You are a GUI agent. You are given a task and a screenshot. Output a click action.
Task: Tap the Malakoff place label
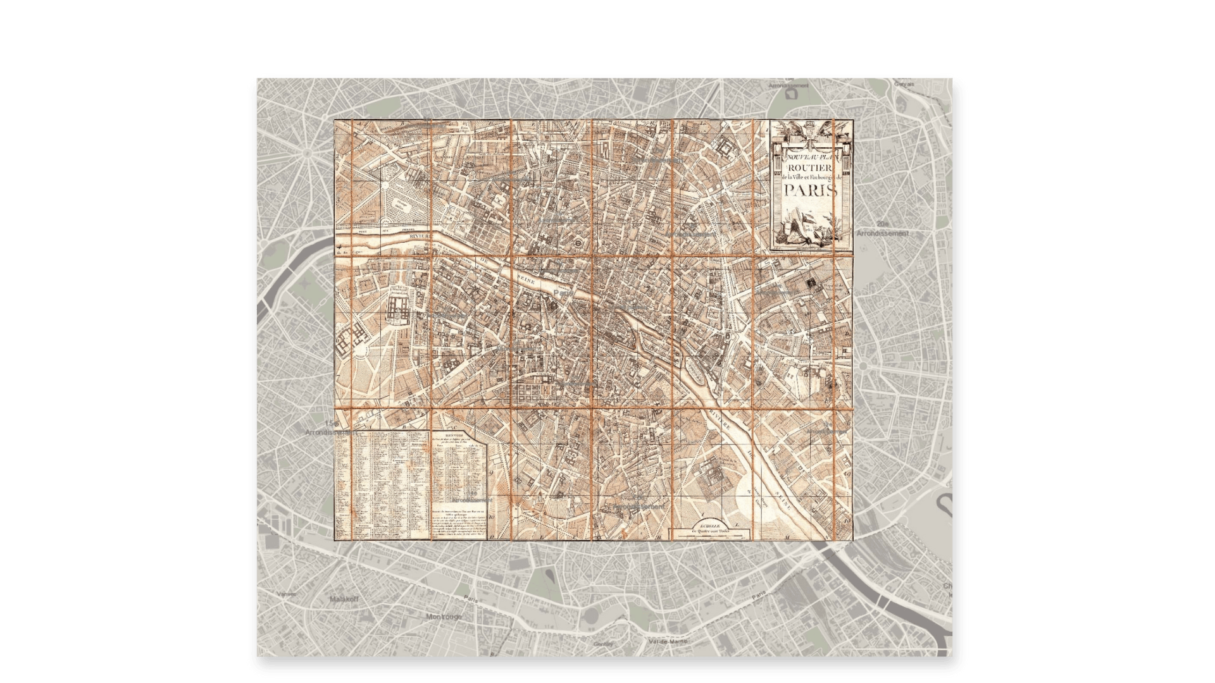pos(344,598)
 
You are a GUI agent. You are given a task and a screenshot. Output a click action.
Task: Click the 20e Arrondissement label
pos(883,229)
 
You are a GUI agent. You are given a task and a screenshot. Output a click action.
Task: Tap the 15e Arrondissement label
pos(328,428)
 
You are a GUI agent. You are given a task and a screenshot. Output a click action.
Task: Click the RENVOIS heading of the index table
pos(454,434)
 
